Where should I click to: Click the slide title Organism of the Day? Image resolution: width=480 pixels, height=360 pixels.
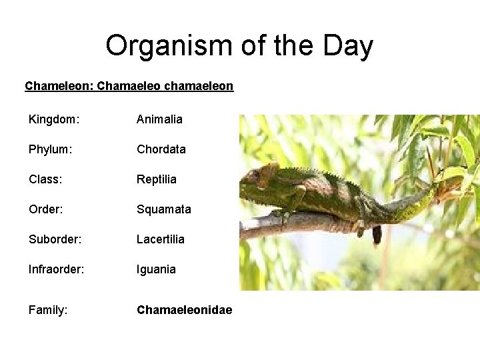coord(239,46)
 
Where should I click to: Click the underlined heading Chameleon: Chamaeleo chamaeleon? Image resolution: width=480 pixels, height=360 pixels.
coord(129,86)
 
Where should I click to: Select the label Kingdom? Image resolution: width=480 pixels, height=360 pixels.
coord(54,119)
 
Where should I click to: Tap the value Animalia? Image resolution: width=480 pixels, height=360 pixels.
coord(159,119)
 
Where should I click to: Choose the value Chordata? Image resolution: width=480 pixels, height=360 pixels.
coord(161,149)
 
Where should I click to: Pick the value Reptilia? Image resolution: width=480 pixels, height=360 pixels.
coord(157,179)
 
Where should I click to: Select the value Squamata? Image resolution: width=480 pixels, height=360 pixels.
coord(164,209)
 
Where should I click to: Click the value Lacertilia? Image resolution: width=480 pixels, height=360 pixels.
coord(161,239)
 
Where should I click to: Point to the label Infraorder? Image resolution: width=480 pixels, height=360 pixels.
coord(56,269)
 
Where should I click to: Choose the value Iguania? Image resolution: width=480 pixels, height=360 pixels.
coord(157,269)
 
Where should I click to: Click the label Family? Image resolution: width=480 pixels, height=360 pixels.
coord(48,310)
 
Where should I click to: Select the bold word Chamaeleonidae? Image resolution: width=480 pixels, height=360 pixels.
coord(185,310)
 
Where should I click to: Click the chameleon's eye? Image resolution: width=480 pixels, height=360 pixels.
coord(254,177)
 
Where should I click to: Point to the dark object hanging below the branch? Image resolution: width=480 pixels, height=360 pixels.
coord(377,234)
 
